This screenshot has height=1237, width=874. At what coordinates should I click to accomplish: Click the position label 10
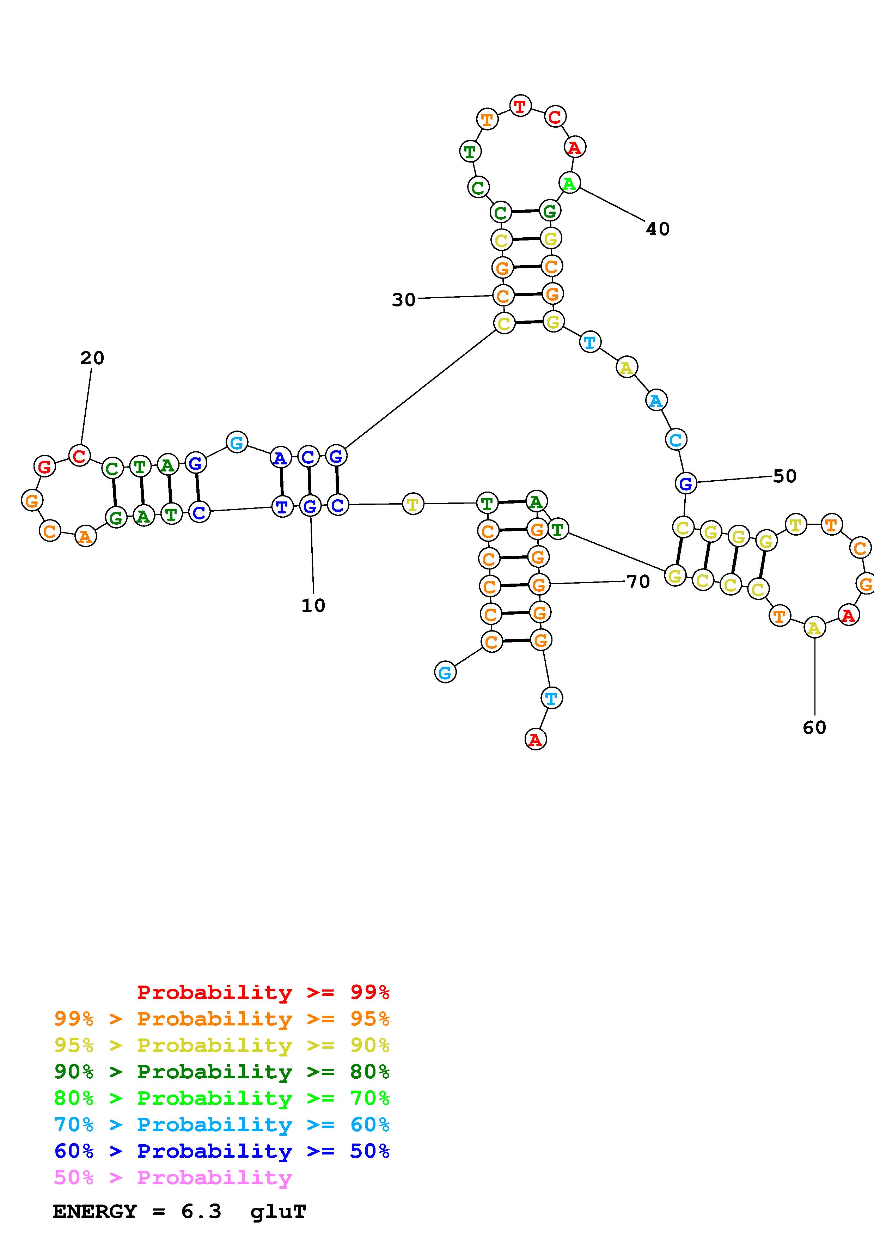point(313,605)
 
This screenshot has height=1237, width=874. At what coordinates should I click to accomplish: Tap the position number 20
point(92,358)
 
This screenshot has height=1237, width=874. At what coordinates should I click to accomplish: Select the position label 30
point(403,299)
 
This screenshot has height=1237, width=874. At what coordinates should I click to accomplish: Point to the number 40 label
point(658,229)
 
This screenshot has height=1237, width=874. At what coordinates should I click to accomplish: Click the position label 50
point(784,476)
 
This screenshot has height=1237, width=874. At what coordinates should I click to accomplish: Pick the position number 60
point(814,728)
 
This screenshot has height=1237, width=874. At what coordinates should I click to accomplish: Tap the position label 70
point(638,581)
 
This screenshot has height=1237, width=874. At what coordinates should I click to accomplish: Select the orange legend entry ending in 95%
point(222,1019)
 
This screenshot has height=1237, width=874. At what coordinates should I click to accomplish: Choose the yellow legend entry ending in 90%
point(222,1045)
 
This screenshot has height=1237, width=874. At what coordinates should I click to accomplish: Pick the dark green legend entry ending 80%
point(222,1072)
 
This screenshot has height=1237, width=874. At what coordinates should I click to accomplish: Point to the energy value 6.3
point(201,1211)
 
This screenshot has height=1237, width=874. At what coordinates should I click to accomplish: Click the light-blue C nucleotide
point(675,440)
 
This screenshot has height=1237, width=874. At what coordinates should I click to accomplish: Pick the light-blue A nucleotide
point(656,400)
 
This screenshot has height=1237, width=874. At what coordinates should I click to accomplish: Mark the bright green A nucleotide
point(569,183)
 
